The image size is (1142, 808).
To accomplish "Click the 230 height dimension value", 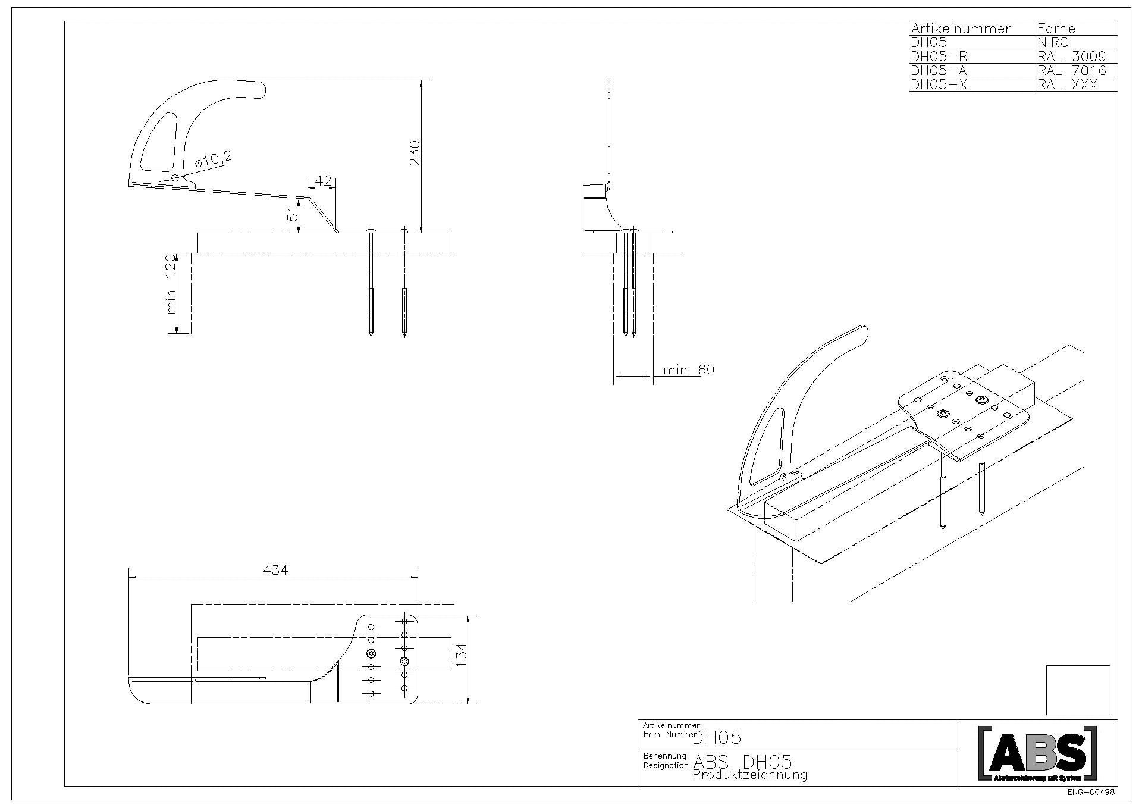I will click(x=415, y=152).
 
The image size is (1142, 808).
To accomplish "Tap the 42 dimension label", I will click(x=323, y=181).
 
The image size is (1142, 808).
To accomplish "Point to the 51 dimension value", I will click(x=293, y=214).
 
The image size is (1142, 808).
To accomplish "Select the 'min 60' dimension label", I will click(x=689, y=370).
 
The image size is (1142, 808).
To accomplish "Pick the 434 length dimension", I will click(x=275, y=570).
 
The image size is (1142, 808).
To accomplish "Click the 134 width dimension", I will click(x=462, y=654).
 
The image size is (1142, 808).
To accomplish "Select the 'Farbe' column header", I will click(x=1056, y=29).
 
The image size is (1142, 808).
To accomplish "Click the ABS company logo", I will click(x=1037, y=753).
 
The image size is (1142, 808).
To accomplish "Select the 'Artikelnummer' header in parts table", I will click(x=960, y=29).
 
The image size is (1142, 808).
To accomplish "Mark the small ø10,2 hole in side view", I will click(x=175, y=178).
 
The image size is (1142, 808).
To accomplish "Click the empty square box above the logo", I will click(x=1078, y=690).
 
